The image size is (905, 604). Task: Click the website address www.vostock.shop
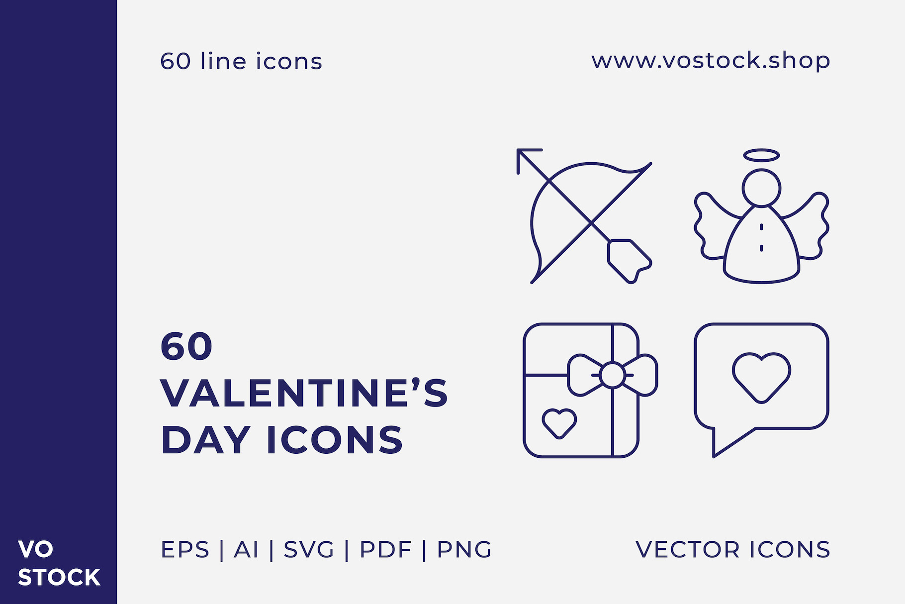[711, 61]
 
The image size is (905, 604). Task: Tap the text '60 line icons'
[241, 61]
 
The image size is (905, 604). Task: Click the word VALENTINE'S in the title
[304, 393]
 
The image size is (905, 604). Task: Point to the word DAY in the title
[206, 440]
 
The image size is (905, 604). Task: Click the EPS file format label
[185, 550]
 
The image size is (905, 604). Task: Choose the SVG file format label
[309, 550]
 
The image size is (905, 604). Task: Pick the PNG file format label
[464, 550]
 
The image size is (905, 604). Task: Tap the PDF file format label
[386, 550]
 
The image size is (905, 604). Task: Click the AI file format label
[246, 550]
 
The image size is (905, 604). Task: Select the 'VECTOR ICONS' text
[733, 550]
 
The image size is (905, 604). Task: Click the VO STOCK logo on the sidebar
[59, 563]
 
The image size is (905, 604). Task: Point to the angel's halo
[761, 155]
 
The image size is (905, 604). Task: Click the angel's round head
[761, 188]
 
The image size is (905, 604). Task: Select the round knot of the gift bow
[612, 375]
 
